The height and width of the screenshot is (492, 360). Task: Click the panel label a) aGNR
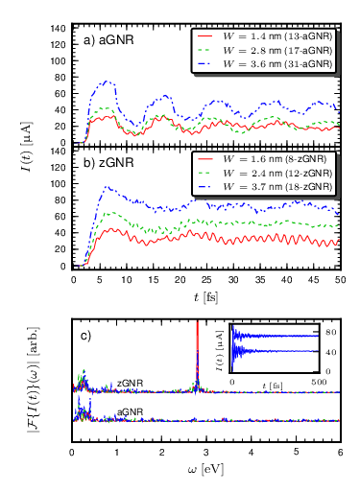(108, 40)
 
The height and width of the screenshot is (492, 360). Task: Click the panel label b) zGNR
(108, 163)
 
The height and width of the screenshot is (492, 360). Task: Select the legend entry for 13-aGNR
(265, 36)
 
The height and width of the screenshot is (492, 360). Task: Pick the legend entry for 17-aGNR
(265, 50)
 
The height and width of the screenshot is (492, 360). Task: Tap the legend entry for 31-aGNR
(265, 64)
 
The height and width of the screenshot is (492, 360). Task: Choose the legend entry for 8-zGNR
(262, 159)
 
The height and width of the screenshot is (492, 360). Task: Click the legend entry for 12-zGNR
(265, 173)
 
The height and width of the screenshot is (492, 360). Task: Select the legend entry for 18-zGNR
(265, 187)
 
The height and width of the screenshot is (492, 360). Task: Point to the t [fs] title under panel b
(205, 297)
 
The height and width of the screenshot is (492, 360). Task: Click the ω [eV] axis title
(205, 470)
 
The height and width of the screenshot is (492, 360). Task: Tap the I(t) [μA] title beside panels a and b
(26, 146)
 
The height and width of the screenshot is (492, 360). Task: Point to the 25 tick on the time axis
(206, 280)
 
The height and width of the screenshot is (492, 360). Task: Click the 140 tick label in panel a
(58, 29)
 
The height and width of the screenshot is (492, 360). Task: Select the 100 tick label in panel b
(58, 184)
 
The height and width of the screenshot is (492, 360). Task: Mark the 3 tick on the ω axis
(206, 453)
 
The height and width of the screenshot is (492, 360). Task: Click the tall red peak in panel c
(198, 353)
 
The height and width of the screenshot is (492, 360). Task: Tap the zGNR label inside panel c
(130, 383)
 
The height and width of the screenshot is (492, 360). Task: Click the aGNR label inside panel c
(130, 411)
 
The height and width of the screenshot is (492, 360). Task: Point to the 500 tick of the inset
(319, 382)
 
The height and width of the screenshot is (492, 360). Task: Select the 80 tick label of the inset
(331, 333)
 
